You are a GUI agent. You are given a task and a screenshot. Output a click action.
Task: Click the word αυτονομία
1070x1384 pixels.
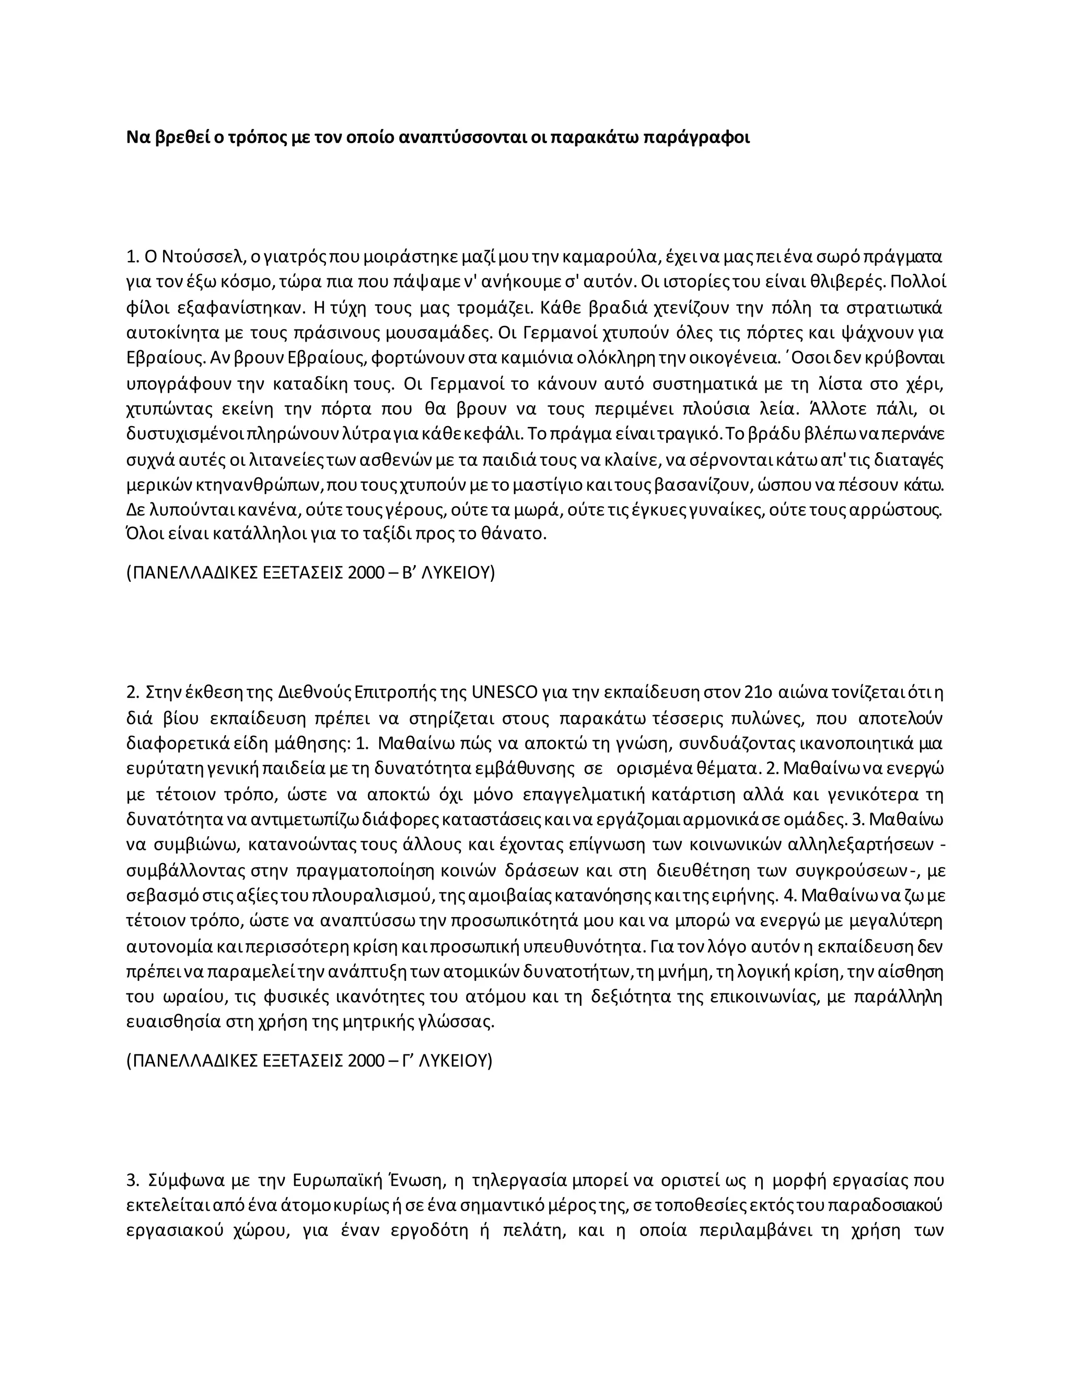point(169,947)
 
